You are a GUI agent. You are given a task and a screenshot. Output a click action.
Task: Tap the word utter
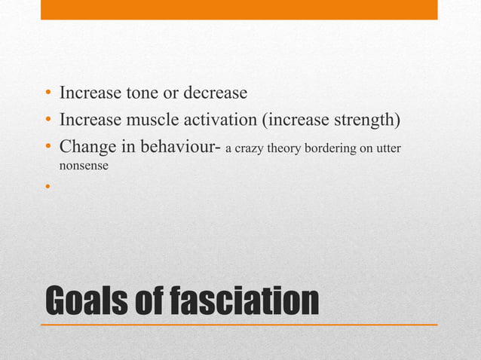[x=387, y=148]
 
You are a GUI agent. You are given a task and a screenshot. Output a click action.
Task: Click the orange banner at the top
[x=238, y=9]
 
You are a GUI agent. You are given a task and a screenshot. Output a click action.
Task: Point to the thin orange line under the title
[x=238, y=324]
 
